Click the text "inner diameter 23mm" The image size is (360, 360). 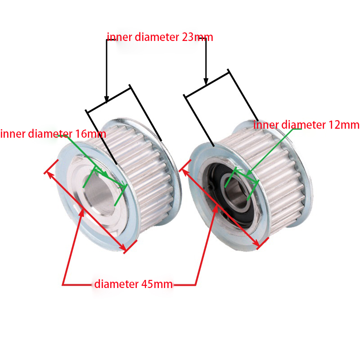[x=159, y=37]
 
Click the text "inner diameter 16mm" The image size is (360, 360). [x=53, y=134]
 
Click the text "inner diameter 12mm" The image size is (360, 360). [x=306, y=125]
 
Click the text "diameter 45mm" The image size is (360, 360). [x=133, y=284]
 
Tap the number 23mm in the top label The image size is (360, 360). [x=197, y=37]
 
